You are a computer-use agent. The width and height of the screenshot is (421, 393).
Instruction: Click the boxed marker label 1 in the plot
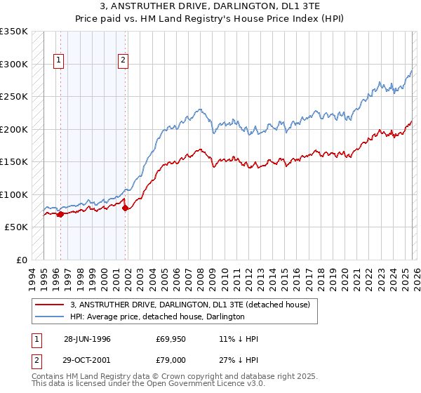point(58,61)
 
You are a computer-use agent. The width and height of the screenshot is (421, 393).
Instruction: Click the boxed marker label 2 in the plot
point(123,61)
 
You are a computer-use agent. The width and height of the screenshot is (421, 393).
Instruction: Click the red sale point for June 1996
point(60,215)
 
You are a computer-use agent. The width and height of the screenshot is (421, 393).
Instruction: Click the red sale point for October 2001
point(126,208)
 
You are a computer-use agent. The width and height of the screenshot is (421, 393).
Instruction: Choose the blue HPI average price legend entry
point(157,317)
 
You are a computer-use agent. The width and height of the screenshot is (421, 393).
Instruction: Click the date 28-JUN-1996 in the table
point(87,339)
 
